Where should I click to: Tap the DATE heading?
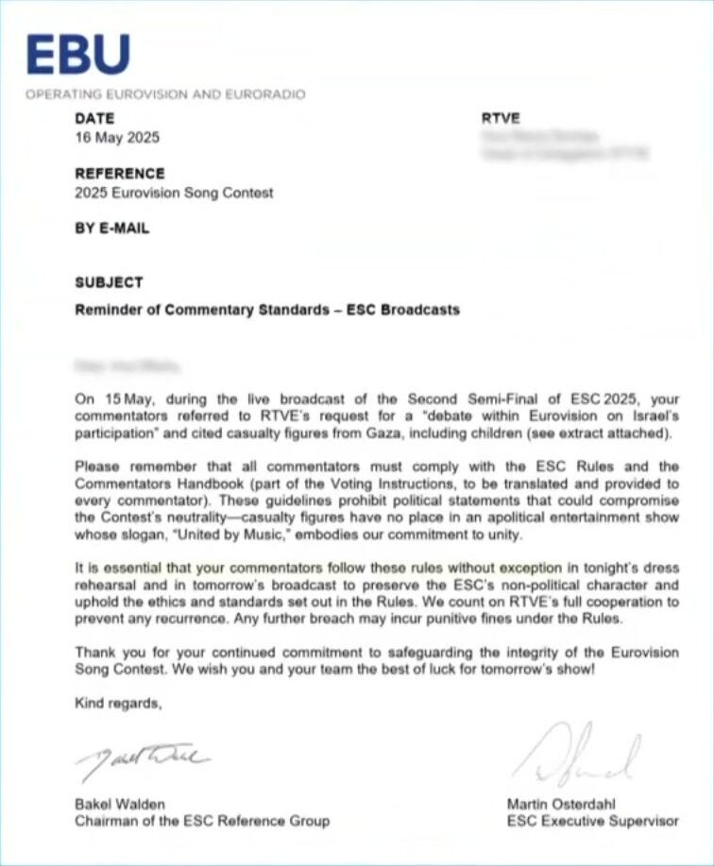[94, 119]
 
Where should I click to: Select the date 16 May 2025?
[117, 137]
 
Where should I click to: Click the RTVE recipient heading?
[501, 119]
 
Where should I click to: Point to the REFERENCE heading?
[119, 174]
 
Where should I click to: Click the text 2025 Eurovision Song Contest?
[174, 193]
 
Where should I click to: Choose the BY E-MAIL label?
[111, 229]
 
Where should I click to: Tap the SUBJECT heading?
[109, 282]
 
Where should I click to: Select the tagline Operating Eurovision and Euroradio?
[165, 94]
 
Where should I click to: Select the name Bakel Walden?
[120, 805]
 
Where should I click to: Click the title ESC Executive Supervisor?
[592, 821]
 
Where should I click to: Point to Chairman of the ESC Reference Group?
[202, 821]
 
